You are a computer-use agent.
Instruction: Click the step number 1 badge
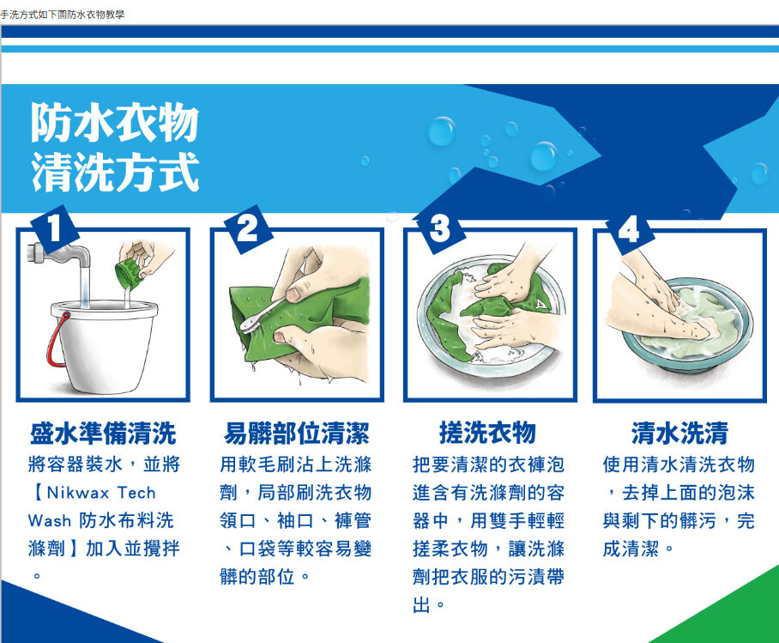point(55,228)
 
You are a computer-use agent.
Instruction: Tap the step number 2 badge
point(248,228)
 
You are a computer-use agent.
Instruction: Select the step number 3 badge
point(440,229)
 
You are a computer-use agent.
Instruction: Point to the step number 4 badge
point(629,230)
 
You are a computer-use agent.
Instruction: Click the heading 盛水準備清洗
point(103,434)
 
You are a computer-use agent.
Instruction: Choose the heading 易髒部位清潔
point(297,434)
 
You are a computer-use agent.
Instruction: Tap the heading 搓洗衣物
point(487,433)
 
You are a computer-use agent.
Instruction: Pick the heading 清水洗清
point(679,434)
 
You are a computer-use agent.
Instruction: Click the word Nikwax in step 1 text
point(77,493)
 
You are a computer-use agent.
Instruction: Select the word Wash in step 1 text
point(49,520)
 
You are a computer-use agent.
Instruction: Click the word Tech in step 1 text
point(136,493)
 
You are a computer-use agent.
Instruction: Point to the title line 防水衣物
point(115,123)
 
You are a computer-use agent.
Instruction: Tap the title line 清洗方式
point(115,172)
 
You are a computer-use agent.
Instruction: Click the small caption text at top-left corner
point(62,15)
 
